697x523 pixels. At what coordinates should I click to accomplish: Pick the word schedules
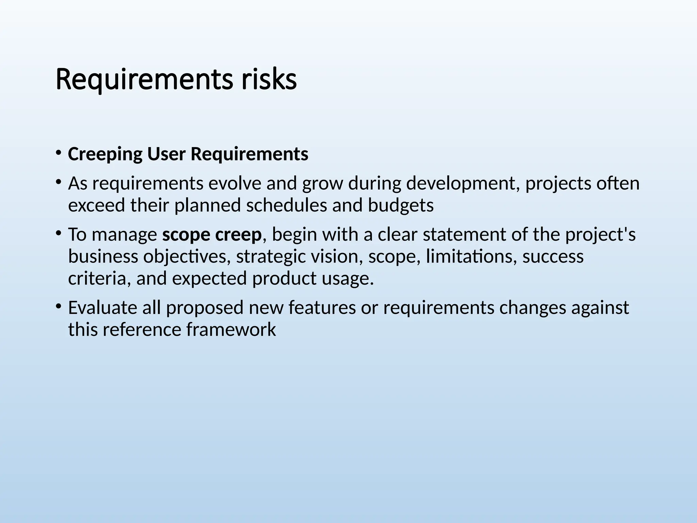[x=286, y=205]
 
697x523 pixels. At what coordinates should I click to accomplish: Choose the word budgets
[x=401, y=205]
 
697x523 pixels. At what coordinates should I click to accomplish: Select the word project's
[x=600, y=235]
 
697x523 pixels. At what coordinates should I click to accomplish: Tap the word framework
[x=231, y=330]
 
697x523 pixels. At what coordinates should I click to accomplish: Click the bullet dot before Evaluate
[x=59, y=306]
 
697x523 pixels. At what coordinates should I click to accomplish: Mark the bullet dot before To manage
[x=59, y=233]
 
